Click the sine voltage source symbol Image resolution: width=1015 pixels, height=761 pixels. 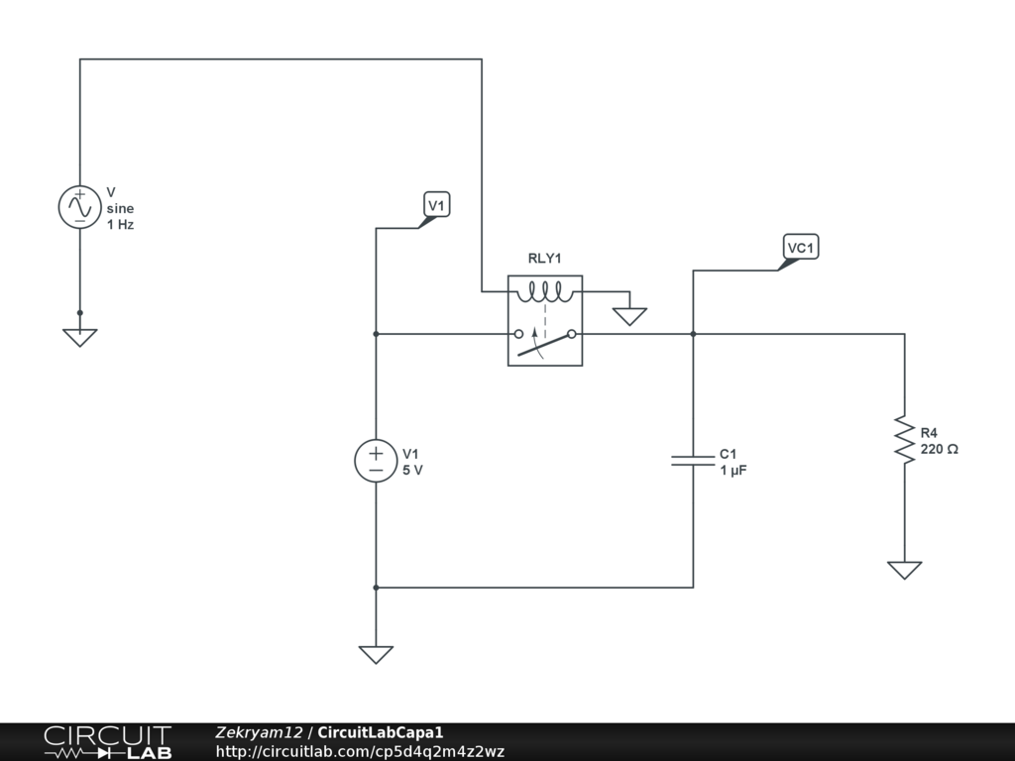pyautogui.click(x=79, y=208)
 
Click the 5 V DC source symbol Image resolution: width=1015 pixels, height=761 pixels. pyautogui.click(x=376, y=462)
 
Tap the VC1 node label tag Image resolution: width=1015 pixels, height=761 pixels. pyautogui.click(x=801, y=247)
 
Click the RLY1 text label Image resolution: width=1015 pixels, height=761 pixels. pyautogui.click(x=544, y=259)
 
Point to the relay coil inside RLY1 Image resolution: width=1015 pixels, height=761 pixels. pyautogui.click(x=544, y=292)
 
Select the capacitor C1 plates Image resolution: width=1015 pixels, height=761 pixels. pyautogui.click(x=693, y=460)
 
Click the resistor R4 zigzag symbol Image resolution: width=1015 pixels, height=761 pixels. pyautogui.click(x=904, y=439)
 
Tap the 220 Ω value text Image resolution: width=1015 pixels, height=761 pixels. pyautogui.click(x=939, y=449)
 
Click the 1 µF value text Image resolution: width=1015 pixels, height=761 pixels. pyautogui.click(x=733, y=471)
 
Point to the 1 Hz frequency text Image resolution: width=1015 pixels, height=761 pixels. pyautogui.click(x=120, y=225)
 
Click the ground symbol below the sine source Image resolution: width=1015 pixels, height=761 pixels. pyautogui.click(x=80, y=337)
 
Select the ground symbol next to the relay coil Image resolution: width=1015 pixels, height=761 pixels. pyautogui.click(x=629, y=316)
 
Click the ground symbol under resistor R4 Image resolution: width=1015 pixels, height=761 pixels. pyautogui.click(x=904, y=570)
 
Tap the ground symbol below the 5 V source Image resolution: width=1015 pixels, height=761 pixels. pyautogui.click(x=376, y=654)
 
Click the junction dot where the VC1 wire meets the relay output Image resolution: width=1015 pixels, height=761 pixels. pyautogui.click(x=693, y=334)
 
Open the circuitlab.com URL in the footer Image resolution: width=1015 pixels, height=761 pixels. pyautogui.click(x=360, y=751)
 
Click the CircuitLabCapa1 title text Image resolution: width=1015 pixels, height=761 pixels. pyautogui.click(x=381, y=732)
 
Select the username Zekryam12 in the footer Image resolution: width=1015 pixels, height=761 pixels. pyautogui.click(x=259, y=732)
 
